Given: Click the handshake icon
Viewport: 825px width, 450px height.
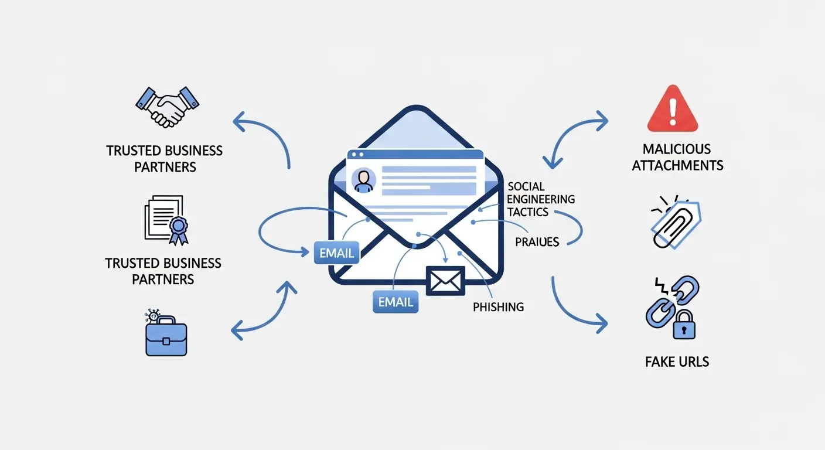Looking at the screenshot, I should click(167, 106).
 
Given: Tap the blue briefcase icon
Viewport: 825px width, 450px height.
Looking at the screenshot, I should click(166, 339).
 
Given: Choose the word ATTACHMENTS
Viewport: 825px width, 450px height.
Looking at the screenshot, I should click(677, 165).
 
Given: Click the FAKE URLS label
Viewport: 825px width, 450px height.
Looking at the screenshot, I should click(677, 362).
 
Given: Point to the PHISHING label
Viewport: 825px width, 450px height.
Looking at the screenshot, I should click(498, 306).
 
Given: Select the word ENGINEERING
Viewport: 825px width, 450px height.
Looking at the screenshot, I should click(541, 199).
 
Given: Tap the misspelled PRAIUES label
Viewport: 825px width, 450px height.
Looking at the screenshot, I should click(537, 241).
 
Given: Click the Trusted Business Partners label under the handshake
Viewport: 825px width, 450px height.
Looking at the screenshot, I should click(164, 159).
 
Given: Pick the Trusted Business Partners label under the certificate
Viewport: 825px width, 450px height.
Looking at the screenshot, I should click(163, 271).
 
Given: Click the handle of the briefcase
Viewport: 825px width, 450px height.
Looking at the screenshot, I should click(166, 320).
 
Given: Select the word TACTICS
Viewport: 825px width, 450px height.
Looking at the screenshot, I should click(529, 212).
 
